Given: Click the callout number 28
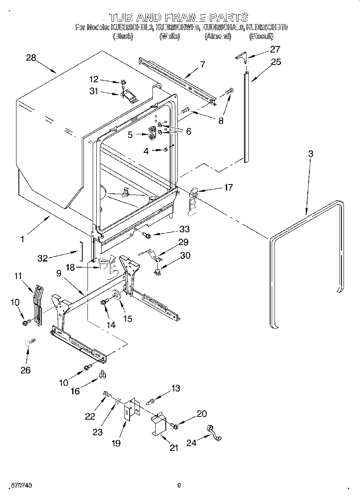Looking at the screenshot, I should pos(31,58).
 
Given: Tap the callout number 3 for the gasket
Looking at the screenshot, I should pos(310,154).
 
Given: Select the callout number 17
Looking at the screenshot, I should pos(228,187).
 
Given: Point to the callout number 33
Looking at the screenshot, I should pos(185,229).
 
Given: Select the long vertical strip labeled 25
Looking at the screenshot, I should pos(246,116).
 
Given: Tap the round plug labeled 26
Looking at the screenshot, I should pos(29,342).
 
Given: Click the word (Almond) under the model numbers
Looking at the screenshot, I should pos(218,36).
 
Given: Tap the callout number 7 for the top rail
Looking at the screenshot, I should pos(202,64).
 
